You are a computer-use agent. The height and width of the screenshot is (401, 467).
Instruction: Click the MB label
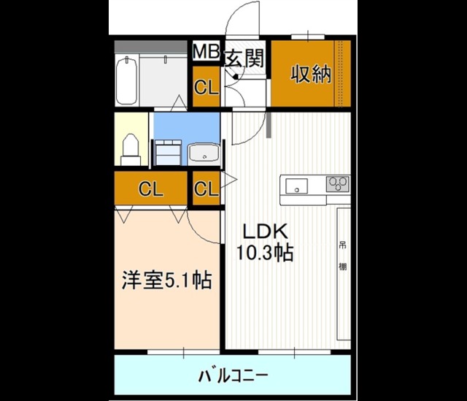(206, 53)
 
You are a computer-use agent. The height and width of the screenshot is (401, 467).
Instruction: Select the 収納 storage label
(312, 75)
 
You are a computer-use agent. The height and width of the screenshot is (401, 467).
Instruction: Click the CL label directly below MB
(206, 88)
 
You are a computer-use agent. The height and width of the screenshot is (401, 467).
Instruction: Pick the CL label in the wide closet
(151, 189)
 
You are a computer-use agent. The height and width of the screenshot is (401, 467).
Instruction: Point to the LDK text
(263, 232)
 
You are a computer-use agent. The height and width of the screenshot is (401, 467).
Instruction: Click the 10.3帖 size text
(263, 253)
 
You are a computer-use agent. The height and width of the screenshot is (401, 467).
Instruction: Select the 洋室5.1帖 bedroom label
(166, 280)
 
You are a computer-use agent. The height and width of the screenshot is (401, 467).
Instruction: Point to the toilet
(130, 147)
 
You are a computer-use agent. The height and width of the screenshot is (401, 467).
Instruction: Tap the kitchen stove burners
(337, 183)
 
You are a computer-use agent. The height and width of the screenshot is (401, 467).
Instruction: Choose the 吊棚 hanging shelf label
(342, 256)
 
